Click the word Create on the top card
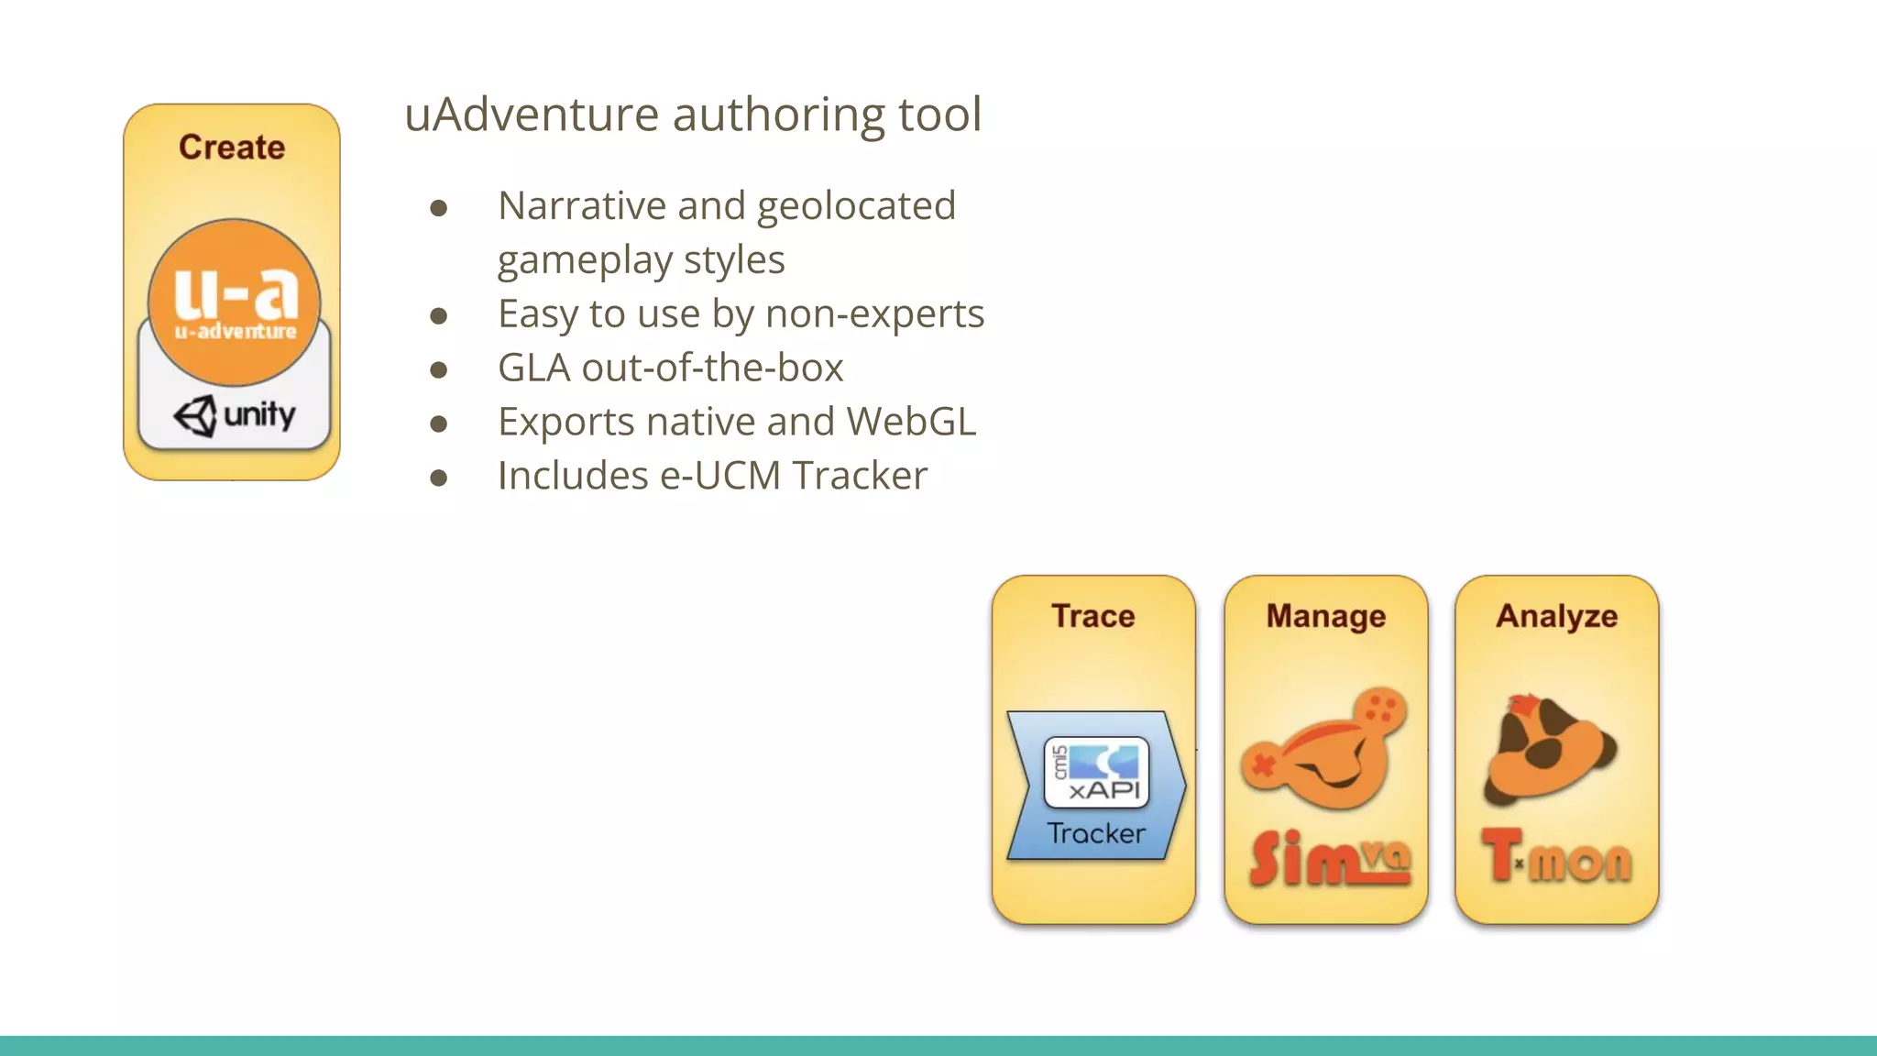(x=232, y=148)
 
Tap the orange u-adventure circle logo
(x=235, y=302)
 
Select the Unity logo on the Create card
(x=235, y=416)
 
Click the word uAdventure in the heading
(x=531, y=115)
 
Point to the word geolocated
(x=856, y=206)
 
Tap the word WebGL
(x=911, y=423)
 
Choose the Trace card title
(x=1092, y=616)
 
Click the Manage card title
(x=1325, y=616)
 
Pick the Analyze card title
(x=1556, y=616)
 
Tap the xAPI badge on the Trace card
(x=1096, y=772)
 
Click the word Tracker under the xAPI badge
(x=1096, y=833)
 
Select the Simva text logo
(x=1329, y=860)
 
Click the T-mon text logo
(x=1556, y=858)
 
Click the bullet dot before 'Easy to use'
(x=439, y=316)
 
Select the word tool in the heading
(x=939, y=115)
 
